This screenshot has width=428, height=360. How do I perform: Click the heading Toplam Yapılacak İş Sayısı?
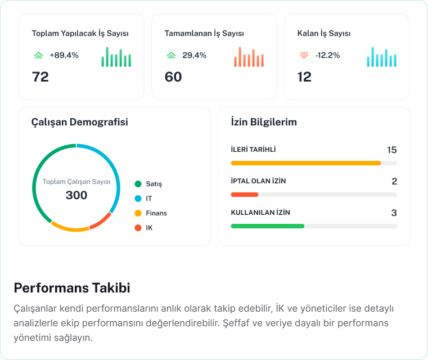[x=80, y=33]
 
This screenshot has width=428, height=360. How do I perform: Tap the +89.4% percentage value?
[x=64, y=55]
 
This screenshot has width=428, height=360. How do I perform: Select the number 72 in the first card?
[x=40, y=76]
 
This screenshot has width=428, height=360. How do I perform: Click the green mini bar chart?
[x=116, y=57]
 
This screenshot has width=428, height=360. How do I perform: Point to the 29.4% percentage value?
[x=194, y=55]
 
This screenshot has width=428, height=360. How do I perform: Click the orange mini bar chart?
[x=249, y=57]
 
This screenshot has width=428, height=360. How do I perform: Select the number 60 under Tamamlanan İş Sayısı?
[x=173, y=76]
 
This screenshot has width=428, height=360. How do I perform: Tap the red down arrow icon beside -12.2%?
[x=304, y=55]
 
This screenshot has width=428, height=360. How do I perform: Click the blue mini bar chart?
[x=381, y=57]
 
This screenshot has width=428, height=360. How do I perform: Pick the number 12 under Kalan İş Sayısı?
[x=304, y=76]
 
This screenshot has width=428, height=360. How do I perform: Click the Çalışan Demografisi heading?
[x=79, y=121]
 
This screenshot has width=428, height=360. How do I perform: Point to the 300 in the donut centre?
[x=76, y=195]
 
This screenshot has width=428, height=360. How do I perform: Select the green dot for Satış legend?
[x=138, y=184]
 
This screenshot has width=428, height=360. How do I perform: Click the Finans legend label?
[x=156, y=213]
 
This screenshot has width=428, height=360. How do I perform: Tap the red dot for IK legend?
[x=138, y=228]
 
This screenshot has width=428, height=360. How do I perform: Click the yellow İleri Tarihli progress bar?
[x=306, y=163]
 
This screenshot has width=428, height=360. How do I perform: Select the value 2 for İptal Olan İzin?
[x=394, y=181]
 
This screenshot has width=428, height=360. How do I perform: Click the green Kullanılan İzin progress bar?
[x=268, y=226]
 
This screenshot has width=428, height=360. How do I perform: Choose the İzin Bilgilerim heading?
[x=264, y=121]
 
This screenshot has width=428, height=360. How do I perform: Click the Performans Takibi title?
[x=72, y=288]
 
